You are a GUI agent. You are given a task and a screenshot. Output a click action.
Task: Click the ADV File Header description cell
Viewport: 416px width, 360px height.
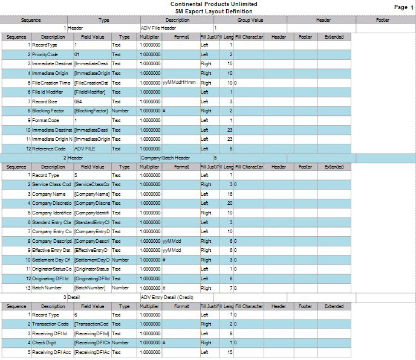(x=158, y=28)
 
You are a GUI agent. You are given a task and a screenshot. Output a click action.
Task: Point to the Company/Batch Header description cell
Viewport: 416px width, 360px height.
(x=165, y=158)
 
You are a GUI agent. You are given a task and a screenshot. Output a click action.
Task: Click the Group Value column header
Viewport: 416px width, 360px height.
(x=249, y=20)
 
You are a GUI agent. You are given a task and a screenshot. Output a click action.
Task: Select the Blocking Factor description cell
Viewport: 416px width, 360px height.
(x=49, y=111)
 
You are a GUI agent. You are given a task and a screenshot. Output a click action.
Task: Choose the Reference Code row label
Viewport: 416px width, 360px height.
(x=49, y=149)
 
